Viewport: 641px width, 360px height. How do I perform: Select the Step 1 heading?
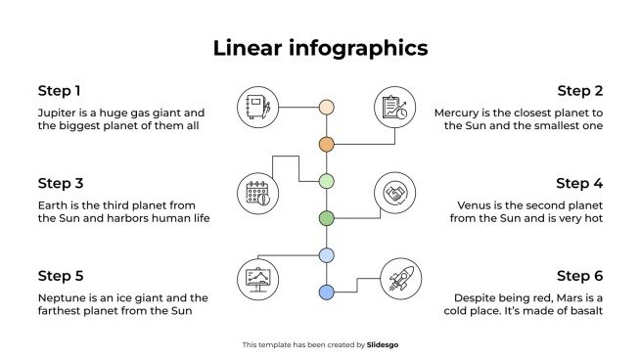click(x=60, y=91)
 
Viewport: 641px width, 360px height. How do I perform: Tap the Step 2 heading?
click(x=580, y=91)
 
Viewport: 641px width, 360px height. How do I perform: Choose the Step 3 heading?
click(x=60, y=183)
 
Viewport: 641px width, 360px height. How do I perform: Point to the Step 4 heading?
click(x=580, y=183)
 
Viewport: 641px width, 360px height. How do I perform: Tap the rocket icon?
click(x=398, y=280)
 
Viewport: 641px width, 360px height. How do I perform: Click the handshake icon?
click(x=395, y=194)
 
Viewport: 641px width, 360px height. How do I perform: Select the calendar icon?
click(x=257, y=194)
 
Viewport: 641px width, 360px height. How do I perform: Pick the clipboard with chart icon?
click(x=395, y=108)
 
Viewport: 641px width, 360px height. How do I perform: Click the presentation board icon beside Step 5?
click(x=257, y=279)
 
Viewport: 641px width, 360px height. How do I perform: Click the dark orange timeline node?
click(x=327, y=144)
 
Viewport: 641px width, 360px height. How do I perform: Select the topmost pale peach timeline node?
click(x=327, y=107)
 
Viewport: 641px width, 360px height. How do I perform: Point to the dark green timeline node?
click(x=327, y=217)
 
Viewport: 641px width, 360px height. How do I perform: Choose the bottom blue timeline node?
click(x=327, y=292)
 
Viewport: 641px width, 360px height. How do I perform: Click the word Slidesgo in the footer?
click(x=383, y=344)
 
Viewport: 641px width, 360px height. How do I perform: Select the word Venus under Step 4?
click(x=476, y=205)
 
